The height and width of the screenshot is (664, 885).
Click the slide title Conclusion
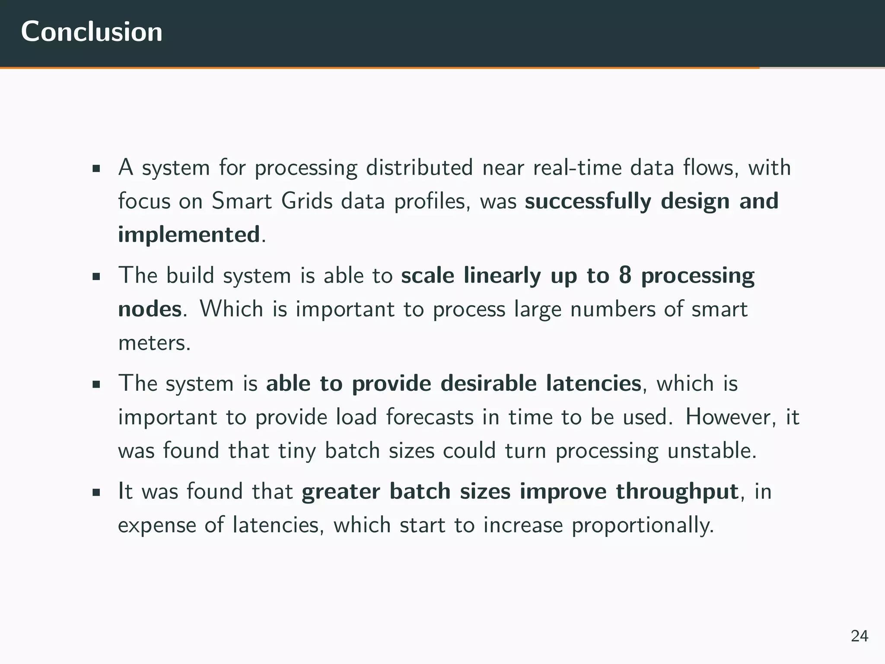coord(92,32)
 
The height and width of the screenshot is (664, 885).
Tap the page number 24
coord(860,636)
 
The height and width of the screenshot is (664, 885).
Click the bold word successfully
coord(588,201)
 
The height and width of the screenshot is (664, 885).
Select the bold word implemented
coord(189,235)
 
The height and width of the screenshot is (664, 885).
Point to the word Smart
coord(242,201)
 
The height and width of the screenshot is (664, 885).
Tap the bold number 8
coord(625,276)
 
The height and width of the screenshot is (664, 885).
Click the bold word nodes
coord(150,310)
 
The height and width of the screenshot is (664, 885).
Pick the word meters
coord(154,343)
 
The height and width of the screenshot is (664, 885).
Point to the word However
coord(731,418)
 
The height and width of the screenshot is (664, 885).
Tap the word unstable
coord(712,451)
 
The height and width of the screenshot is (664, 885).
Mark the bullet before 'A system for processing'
coord(96,168)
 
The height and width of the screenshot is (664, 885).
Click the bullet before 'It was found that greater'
coord(96,492)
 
